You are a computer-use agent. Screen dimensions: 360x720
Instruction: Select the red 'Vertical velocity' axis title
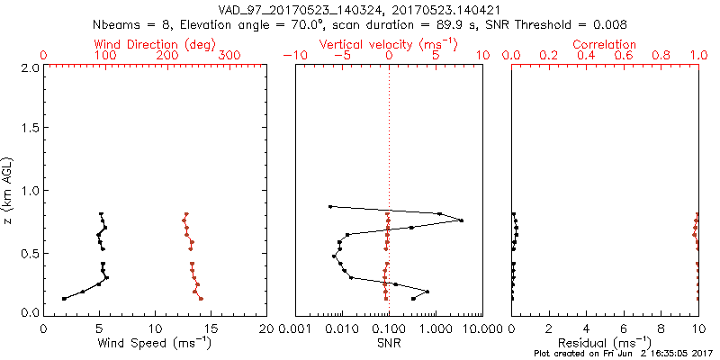[x=389, y=44]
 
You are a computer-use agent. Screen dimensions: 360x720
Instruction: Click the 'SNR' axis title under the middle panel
[x=389, y=342]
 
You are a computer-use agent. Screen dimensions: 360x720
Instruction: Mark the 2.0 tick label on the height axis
[x=29, y=67]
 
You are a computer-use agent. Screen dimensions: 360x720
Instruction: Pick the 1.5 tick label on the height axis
[x=29, y=129]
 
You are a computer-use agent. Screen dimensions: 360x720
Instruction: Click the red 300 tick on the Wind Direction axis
[x=229, y=56]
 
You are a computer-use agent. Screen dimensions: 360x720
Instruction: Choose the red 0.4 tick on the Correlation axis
[x=586, y=56]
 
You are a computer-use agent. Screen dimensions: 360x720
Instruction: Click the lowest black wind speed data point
[x=64, y=299]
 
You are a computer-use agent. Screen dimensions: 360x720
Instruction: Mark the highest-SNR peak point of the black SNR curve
[x=462, y=220]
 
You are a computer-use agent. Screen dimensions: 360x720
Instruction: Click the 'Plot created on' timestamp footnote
[x=620, y=355]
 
